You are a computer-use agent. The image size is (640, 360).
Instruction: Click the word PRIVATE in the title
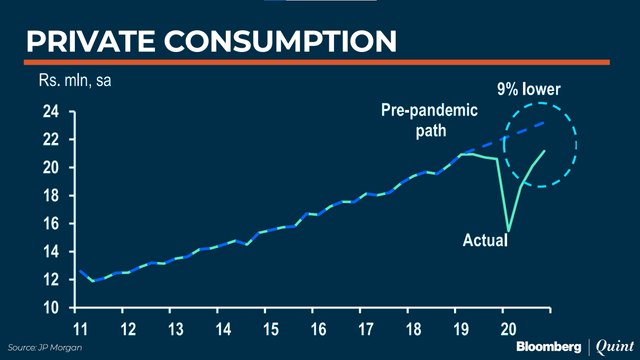click(x=84, y=41)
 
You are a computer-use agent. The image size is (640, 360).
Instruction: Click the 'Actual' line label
click(x=486, y=240)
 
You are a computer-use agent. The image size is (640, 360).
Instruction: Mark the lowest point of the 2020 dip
click(x=508, y=231)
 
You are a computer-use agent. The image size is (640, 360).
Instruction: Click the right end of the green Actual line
click(x=545, y=151)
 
